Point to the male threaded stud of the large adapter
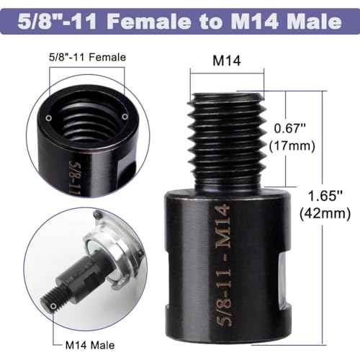click(x=225, y=130)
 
